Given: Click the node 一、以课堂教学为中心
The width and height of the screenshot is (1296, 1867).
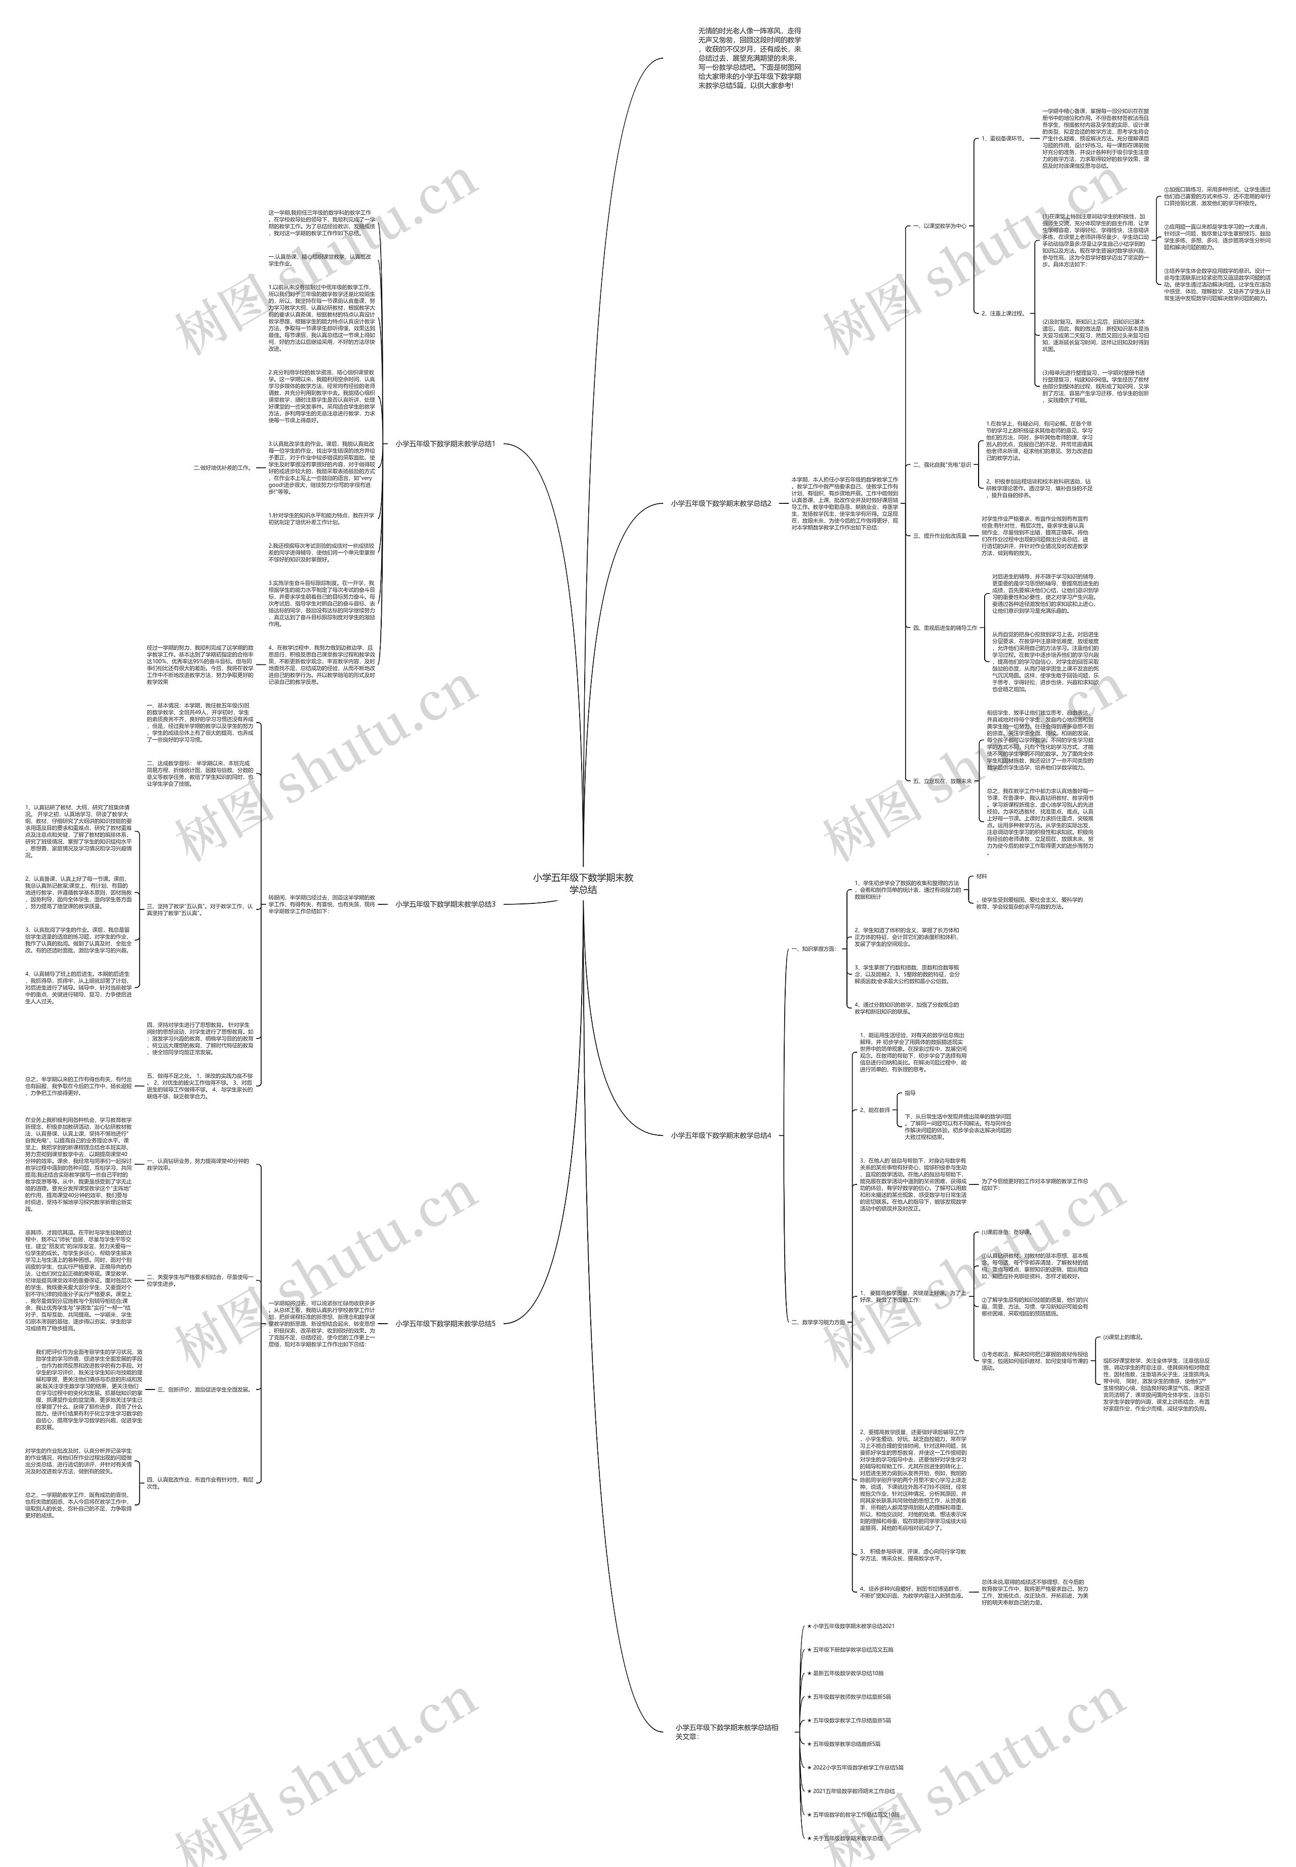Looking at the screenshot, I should pos(940,226).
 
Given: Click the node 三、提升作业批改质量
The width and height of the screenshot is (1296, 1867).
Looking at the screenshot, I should pos(940,536).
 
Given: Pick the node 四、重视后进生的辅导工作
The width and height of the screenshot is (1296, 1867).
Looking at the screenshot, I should pos(944,628).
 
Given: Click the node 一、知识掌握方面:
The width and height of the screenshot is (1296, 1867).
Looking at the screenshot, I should pos(814,948).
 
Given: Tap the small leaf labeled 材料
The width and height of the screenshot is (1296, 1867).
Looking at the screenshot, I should pos(982,877).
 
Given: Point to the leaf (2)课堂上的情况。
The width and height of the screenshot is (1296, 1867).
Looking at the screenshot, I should pos(1122,1337).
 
